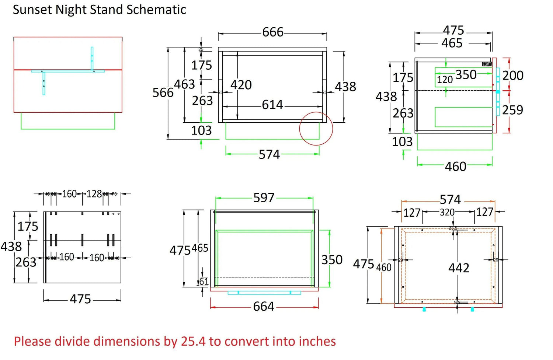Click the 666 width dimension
pos(273,32)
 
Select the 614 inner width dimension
pos(272,105)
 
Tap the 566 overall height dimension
pos(163,92)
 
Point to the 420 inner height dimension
pos(241,85)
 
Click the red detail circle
pos(316,129)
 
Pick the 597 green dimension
pos(264,198)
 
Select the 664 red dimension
pos(264,307)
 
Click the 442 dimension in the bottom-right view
pos(459,268)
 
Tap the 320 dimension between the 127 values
pos(447,212)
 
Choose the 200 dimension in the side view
pos(513,76)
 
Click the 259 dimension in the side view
pos(513,110)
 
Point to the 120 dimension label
pos(445,80)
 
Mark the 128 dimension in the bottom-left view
pos(94,194)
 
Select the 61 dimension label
pos(204,282)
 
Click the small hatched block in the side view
pos(487,64)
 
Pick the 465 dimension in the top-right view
pos(452,43)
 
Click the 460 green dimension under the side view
pos(456,167)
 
